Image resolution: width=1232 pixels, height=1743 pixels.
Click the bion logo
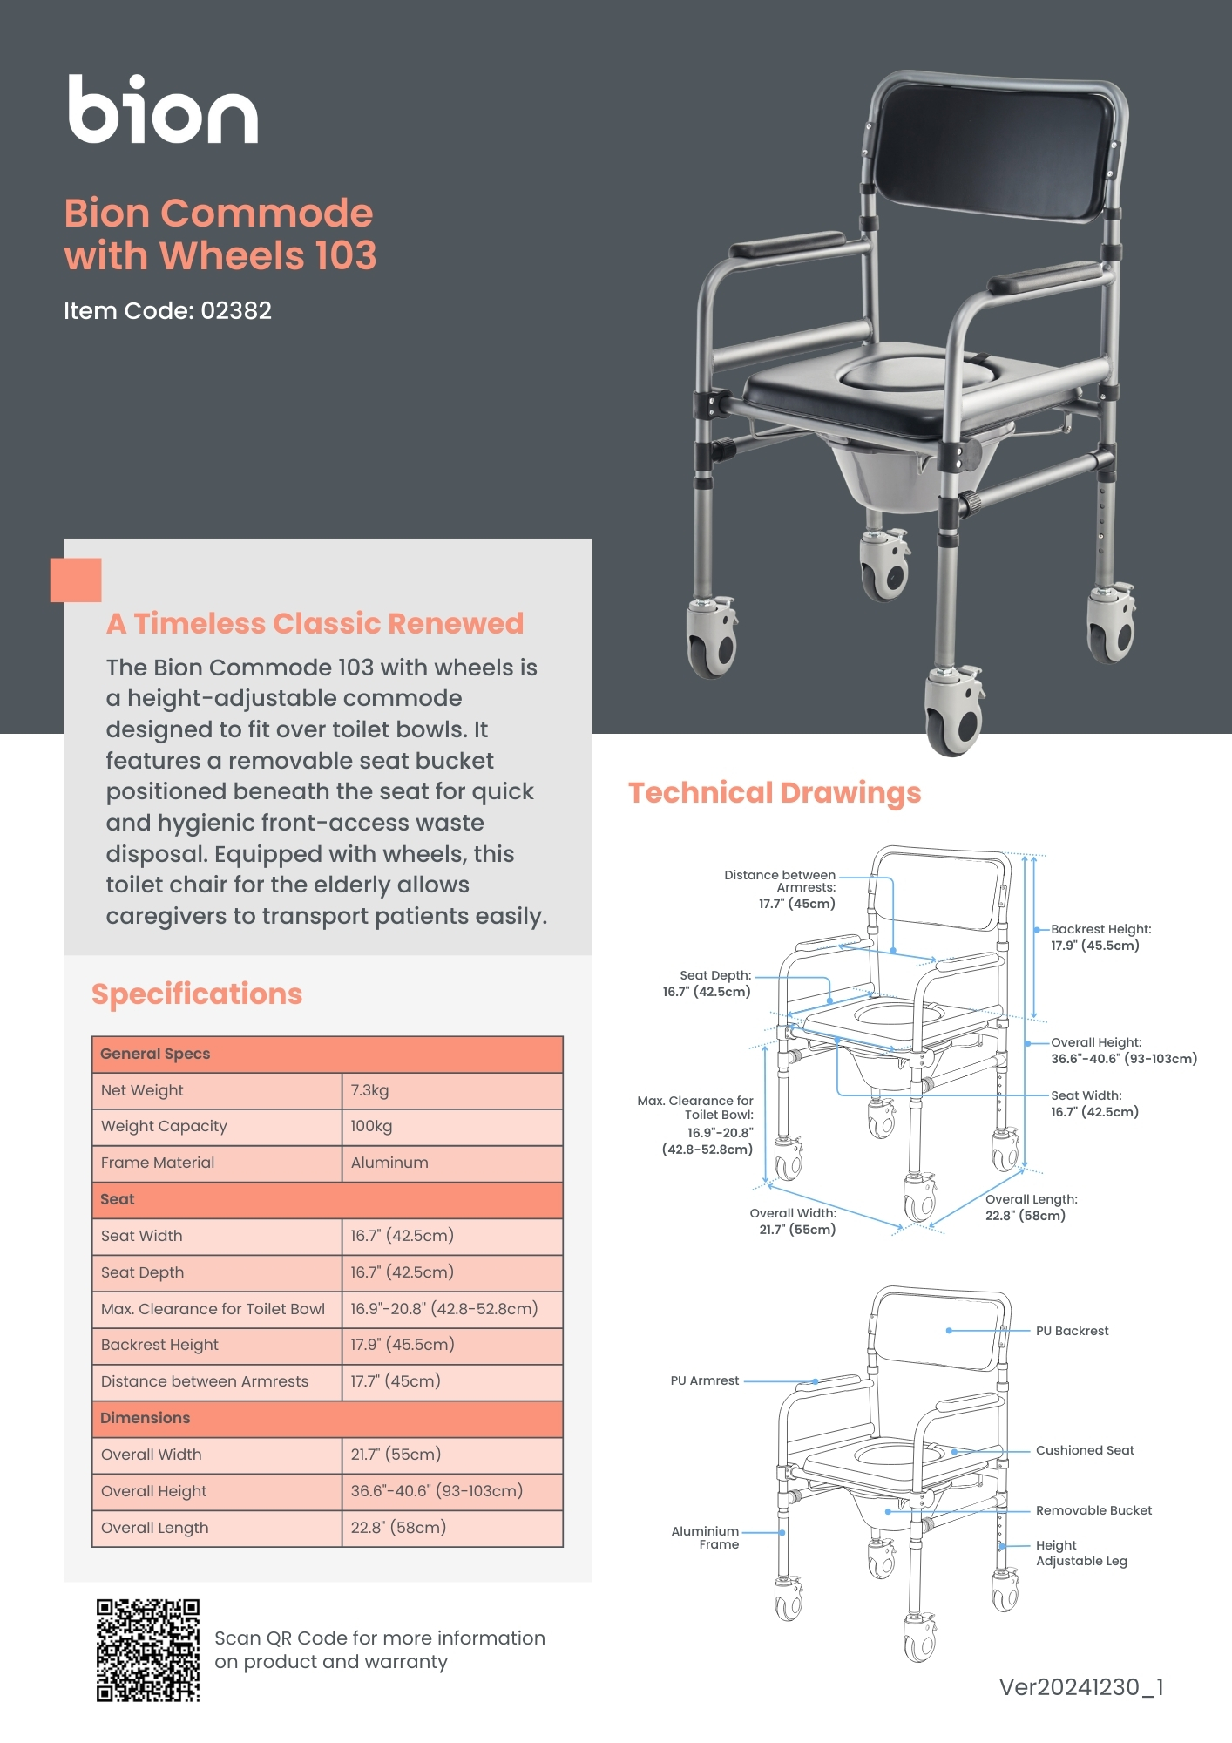pyautogui.click(x=163, y=110)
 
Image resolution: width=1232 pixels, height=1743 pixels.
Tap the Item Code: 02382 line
pyautogui.click(x=167, y=311)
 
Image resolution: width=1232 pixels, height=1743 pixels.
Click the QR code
pyautogui.click(x=148, y=1650)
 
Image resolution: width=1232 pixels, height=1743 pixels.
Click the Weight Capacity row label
pyautogui.click(x=164, y=1126)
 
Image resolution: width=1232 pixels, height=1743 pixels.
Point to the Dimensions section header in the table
pyautogui.click(x=146, y=1418)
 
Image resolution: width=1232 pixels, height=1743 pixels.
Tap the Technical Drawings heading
pyautogui.click(x=775, y=793)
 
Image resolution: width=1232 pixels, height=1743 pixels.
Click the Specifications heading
pyautogui.click(x=197, y=994)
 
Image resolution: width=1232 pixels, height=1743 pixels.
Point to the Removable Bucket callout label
pyautogui.click(x=1093, y=1510)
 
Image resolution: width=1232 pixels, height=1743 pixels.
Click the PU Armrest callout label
pyautogui.click(x=704, y=1380)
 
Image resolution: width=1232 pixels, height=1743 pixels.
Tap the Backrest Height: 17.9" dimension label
pyautogui.click(x=1100, y=938)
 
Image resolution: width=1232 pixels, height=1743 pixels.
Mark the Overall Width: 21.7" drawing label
pyautogui.click(x=793, y=1221)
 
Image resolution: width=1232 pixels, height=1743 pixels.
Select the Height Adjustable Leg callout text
pyautogui.click(x=1080, y=1553)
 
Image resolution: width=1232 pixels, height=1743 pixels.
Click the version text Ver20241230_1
pyautogui.click(x=1081, y=1687)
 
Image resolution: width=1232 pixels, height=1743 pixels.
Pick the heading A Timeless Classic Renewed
pyautogui.click(x=315, y=624)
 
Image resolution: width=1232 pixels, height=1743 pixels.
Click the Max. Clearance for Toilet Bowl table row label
pyautogui.click(x=213, y=1309)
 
